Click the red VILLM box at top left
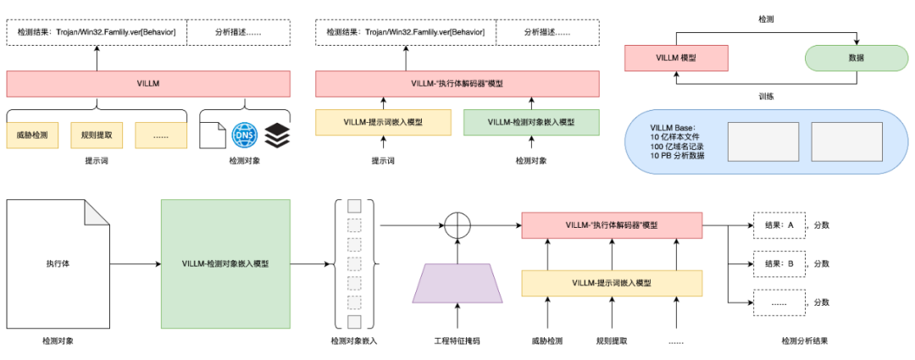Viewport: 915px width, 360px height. (148, 84)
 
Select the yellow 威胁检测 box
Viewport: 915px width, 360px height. (32, 135)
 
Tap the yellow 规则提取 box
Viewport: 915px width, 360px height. (97, 135)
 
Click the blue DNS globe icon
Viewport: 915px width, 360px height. (244, 135)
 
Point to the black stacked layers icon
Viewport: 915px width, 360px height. (277, 135)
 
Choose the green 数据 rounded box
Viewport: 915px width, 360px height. (856, 58)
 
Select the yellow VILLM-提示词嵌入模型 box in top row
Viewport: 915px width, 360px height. (384, 122)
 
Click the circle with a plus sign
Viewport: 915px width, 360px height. (457, 225)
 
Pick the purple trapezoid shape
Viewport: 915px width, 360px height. (458, 282)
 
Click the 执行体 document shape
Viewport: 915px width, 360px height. (58, 263)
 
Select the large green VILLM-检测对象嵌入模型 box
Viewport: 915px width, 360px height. (225, 263)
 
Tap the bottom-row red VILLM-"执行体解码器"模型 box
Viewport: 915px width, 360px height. (612, 225)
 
